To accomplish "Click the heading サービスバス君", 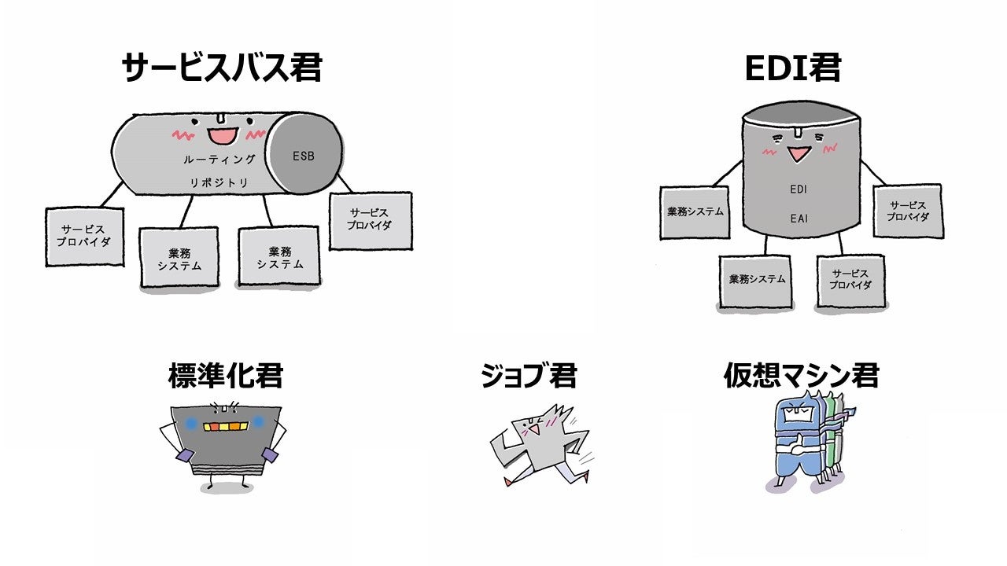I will tap(222, 68).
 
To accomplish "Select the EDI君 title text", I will tap(792, 68).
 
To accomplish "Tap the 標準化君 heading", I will tap(225, 376).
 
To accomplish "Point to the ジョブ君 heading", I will tap(529, 376).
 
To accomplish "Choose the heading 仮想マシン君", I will tap(801, 376).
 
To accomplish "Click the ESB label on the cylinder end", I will tap(304, 156).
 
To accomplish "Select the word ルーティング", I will tap(220, 160).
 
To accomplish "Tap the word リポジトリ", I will tap(219, 182).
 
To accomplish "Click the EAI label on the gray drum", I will tap(799, 219).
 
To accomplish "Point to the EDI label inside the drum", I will tap(799, 189).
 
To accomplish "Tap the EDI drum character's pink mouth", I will tap(799, 153).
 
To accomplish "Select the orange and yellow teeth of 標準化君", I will tap(226, 426).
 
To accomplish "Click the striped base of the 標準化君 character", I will tap(225, 471).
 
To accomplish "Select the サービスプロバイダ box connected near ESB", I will tap(370, 219).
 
